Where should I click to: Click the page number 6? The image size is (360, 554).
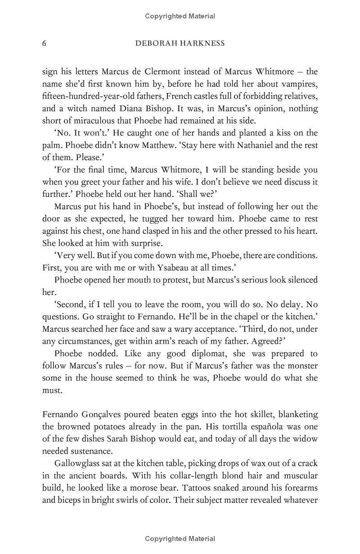tap(44, 44)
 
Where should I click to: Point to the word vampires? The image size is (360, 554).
tap(297, 84)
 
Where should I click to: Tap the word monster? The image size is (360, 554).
tap(301, 366)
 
